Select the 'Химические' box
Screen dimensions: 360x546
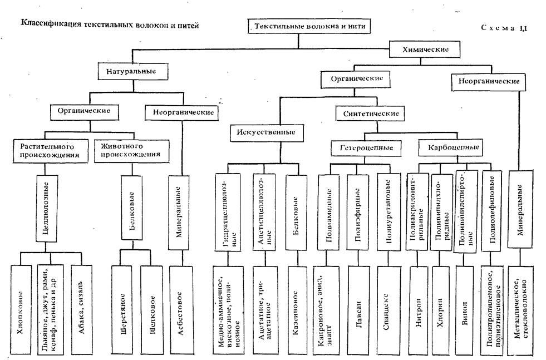426,50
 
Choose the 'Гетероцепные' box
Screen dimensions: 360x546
370,148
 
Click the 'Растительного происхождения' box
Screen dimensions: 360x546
51,150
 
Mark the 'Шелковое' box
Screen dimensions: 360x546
151,308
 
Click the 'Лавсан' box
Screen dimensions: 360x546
356,308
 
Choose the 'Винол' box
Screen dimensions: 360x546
465,308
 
